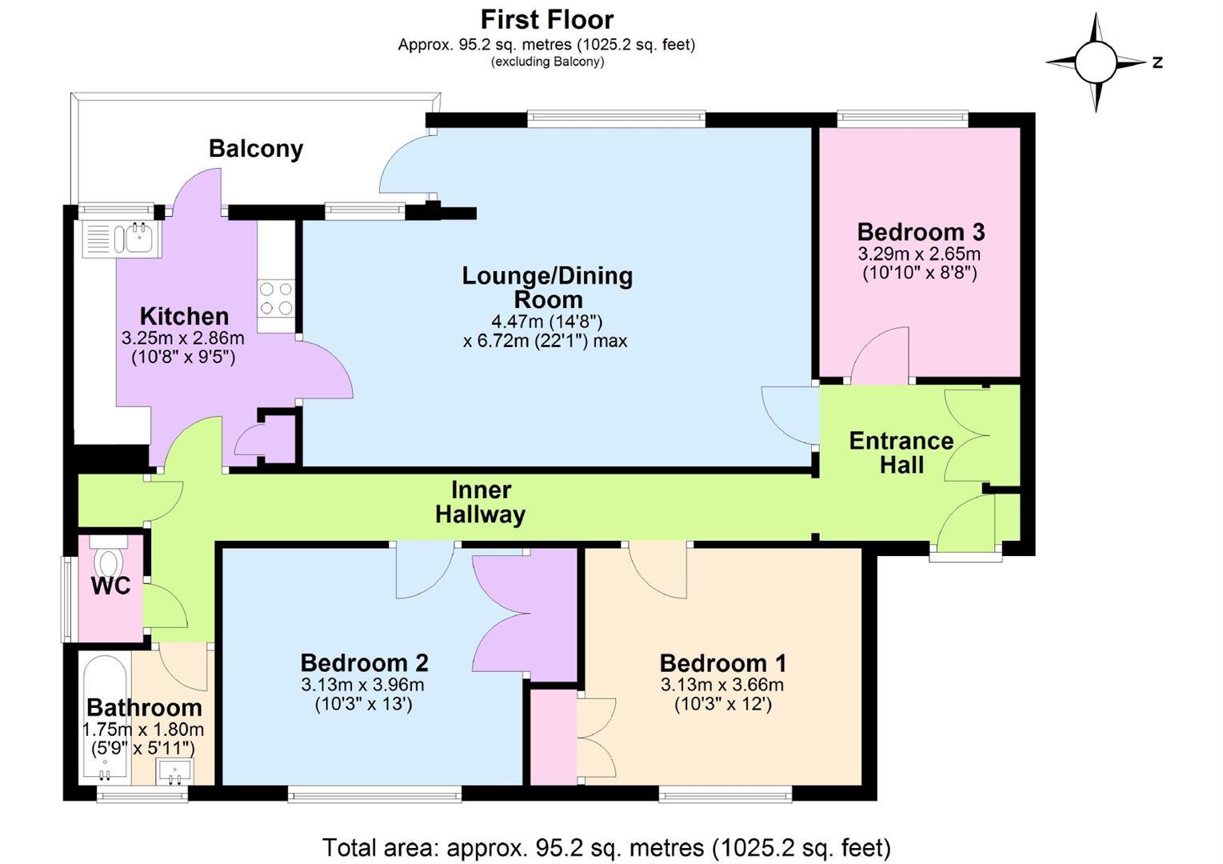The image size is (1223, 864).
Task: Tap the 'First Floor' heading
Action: coord(547,20)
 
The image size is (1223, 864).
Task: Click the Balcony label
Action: coord(255,149)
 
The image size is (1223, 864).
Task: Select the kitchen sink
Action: coord(122,238)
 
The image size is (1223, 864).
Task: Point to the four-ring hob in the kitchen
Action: coord(276,298)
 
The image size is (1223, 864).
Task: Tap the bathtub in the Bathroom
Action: coord(105,718)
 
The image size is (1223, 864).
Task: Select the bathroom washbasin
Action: coord(174,771)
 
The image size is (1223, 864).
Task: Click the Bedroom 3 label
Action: coord(921,232)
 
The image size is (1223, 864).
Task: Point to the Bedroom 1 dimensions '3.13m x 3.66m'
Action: coord(721,684)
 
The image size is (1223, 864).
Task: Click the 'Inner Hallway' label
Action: coord(481,502)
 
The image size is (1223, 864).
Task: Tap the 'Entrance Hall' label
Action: coord(901,453)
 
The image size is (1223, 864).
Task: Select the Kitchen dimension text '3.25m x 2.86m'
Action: coord(183,338)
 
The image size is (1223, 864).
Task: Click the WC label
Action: coord(111,586)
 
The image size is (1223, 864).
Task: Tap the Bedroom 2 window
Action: coord(374,794)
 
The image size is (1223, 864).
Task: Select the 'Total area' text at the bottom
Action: coord(606,848)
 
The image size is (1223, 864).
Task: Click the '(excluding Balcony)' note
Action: coord(547,62)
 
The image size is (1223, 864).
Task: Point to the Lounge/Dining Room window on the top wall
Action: coord(616,119)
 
